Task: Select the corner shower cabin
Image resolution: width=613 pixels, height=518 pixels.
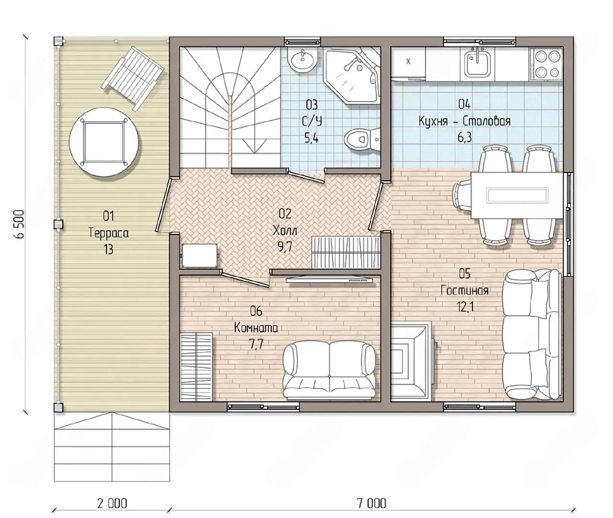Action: (352, 76)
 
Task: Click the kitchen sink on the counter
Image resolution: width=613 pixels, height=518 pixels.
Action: (477, 63)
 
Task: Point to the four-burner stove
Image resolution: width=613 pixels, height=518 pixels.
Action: (546, 64)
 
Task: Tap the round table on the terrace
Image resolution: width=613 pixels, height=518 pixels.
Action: (104, 142)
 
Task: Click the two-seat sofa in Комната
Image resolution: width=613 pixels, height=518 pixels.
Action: (329, 370)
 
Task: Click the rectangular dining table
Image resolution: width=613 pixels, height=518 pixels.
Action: (517, 195)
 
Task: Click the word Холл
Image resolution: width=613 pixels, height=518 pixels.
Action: (285, 230)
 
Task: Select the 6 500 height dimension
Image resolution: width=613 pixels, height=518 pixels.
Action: (19, 224)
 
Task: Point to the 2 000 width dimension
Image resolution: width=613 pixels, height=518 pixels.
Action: (112, 503)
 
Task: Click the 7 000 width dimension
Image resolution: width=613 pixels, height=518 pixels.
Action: (371, 503)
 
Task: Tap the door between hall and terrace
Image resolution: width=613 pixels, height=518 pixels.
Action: (163, 205)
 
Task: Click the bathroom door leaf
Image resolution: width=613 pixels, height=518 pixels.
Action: (306, 177)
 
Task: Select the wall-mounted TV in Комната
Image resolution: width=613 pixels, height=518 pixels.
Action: (329, 280)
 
